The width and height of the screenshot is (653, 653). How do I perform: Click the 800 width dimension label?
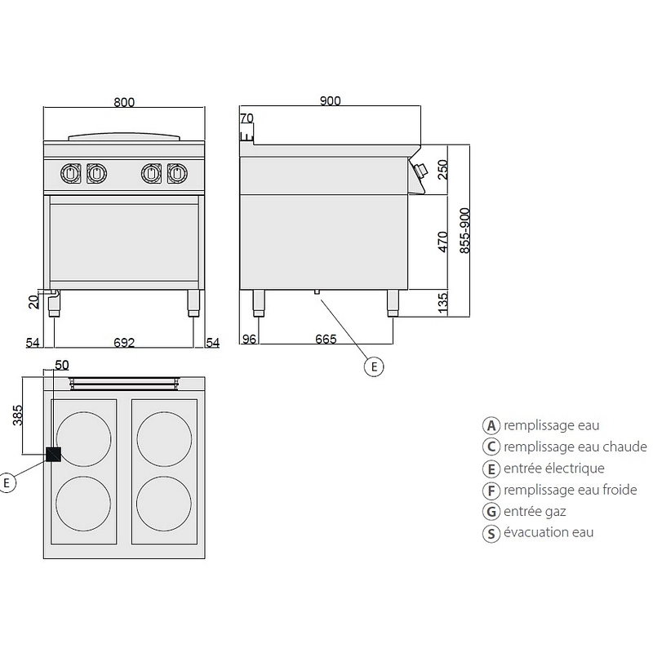(124, 102)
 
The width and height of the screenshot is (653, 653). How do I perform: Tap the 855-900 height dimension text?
(464, 230)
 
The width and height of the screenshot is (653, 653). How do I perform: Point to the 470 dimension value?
(443, 243)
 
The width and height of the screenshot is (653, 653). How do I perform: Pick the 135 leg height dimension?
(443, 303)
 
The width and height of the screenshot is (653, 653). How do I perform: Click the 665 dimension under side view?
(326, 340)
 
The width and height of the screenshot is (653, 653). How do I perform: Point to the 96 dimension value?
(249, 340)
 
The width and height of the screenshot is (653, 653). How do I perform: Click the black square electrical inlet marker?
(54, 455)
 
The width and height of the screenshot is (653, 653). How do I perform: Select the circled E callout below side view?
(372, 367)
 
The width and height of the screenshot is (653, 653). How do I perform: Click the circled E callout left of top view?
(8, 482)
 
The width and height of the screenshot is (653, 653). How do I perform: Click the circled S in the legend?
(491, 533)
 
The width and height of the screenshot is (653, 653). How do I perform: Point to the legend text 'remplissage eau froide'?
(571, 490)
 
